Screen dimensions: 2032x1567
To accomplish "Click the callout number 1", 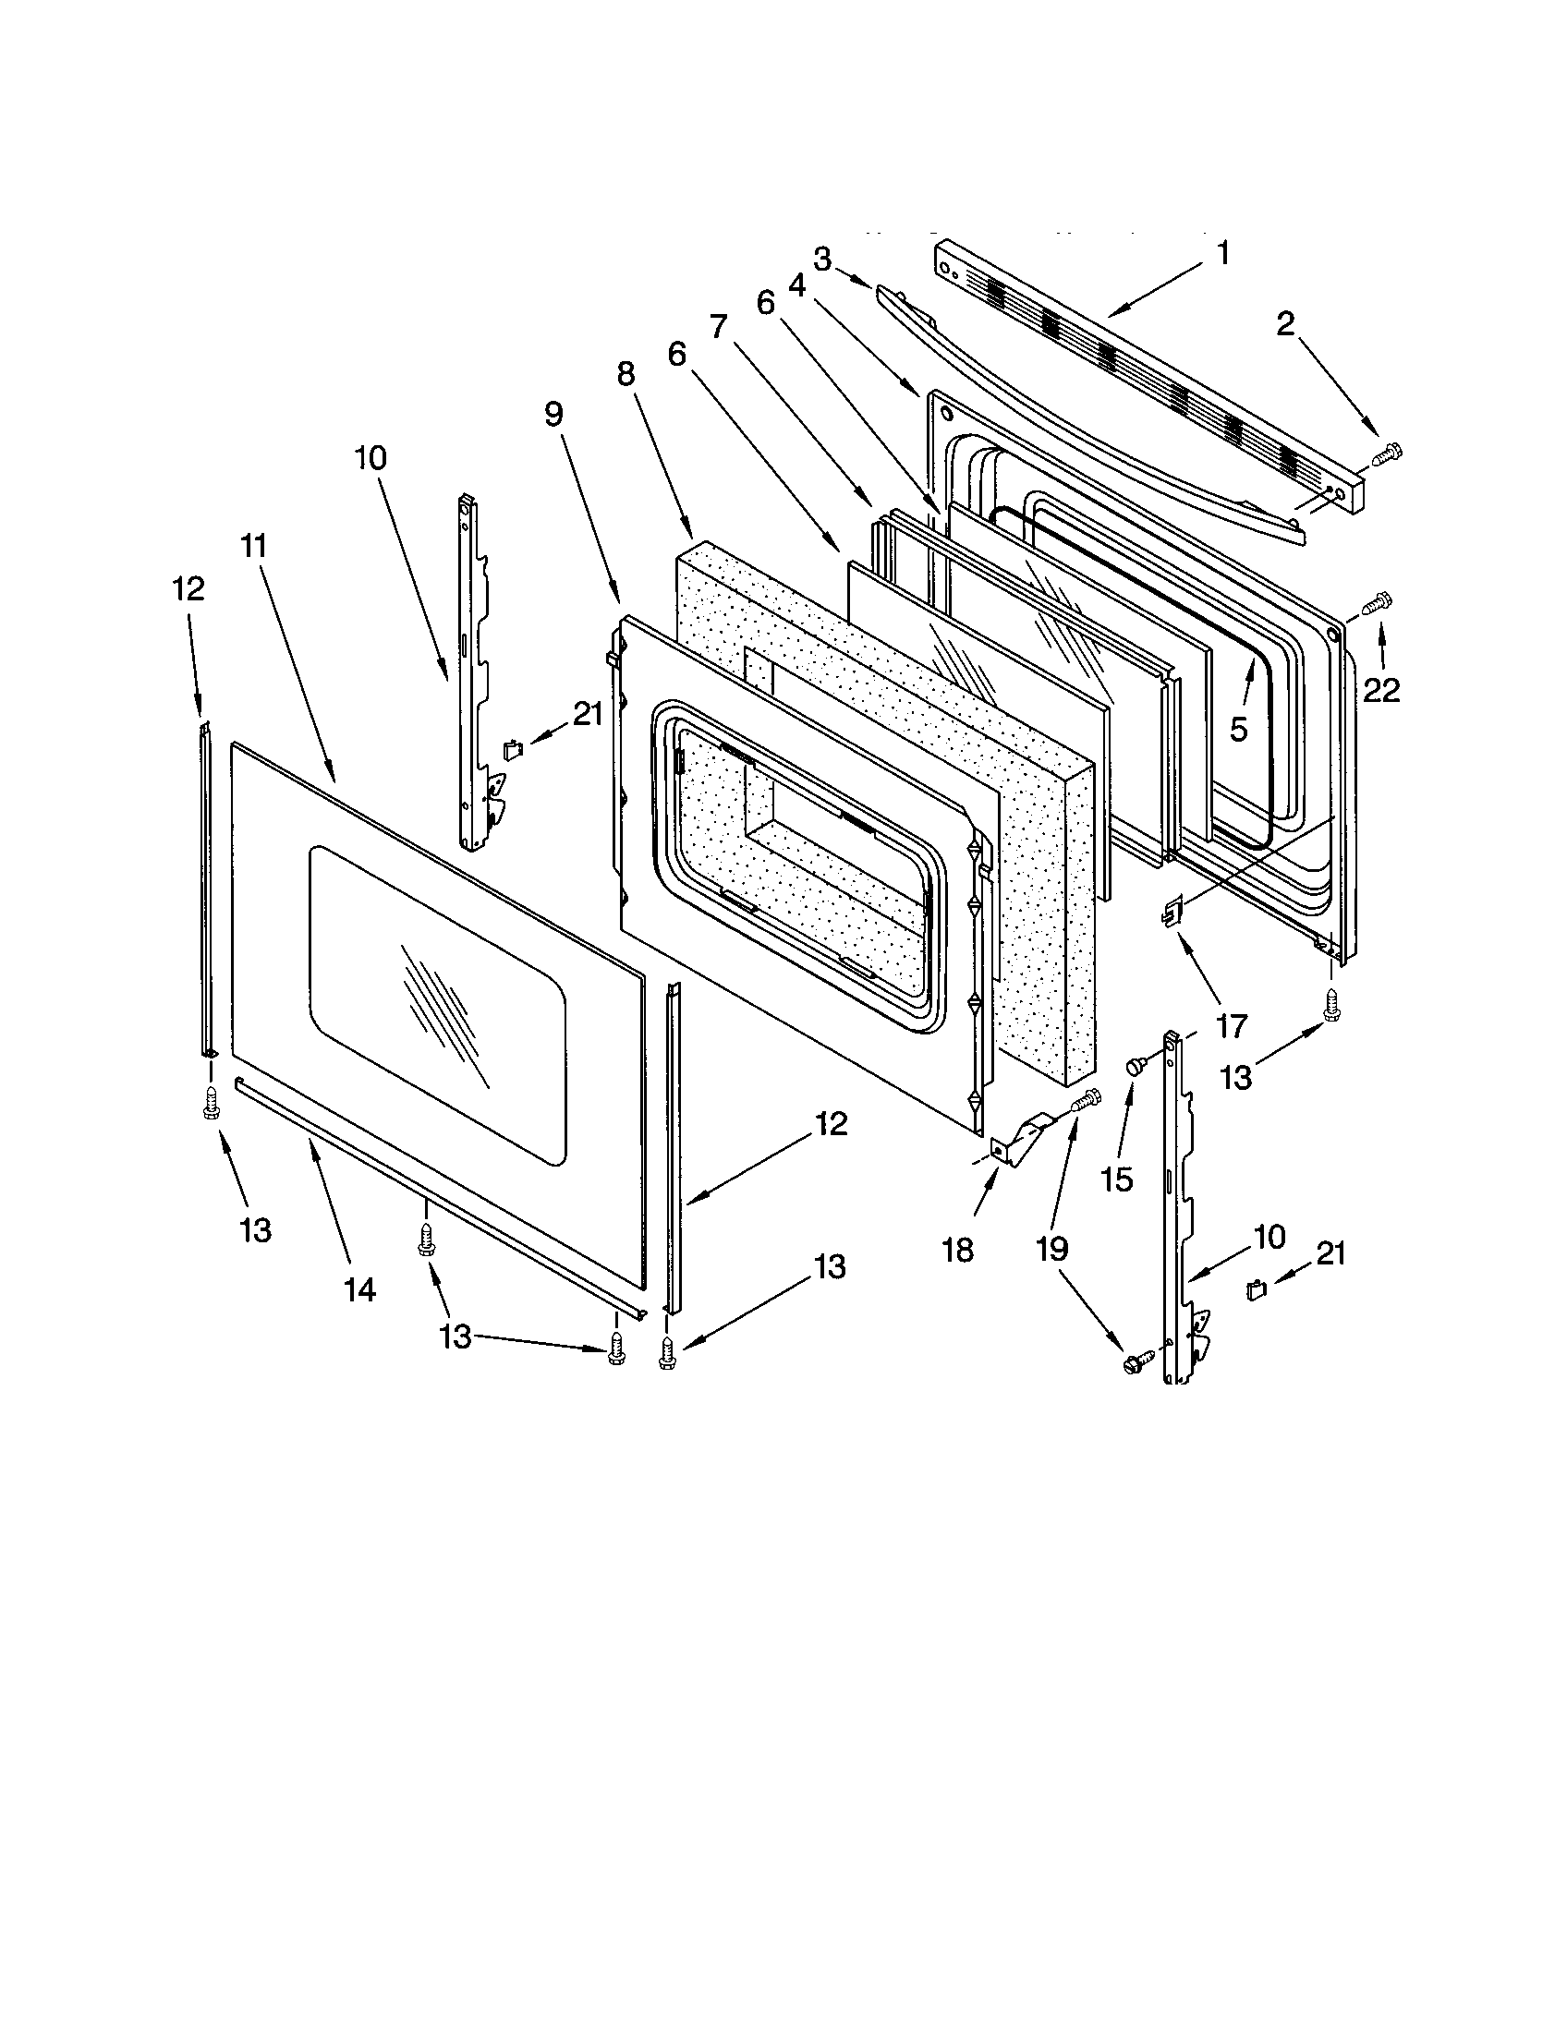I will click(x=1223, y=252).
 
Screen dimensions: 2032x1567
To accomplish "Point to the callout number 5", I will click(x=1237, y=730).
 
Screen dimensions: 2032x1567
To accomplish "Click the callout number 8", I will click(x=626, y=374).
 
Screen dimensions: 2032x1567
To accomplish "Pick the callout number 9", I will click(x=554, y=414).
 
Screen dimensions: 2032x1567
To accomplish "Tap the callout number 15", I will click(x=1117, y=1179).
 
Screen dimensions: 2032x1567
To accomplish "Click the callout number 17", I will click(x=1230, y=1026).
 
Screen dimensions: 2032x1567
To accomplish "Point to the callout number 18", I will click(x=957, y=1250).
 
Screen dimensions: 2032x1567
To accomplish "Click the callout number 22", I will click(x=1382, y=689).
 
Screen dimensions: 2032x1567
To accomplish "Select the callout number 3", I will click(x=821, y=260).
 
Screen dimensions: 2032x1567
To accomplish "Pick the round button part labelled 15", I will click(x=1135, y=1068).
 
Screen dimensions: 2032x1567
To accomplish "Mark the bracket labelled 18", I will click(x=1019, y=1140).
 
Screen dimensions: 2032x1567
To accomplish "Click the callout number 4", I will click(x=796, y=286).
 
